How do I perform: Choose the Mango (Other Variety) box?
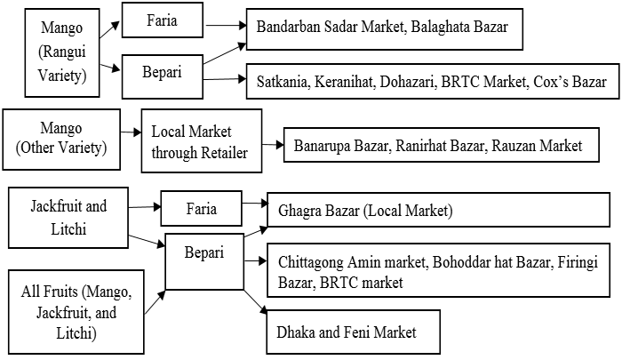(x=62, y=140)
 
